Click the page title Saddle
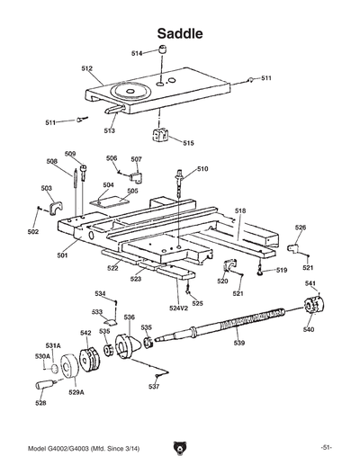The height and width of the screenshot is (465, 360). click(x=179, y=33)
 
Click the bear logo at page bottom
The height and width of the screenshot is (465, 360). click(x=180, y=447)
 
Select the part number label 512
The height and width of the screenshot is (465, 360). click(x=87, y=68)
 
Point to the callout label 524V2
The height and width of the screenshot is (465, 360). click(x=180, y=309)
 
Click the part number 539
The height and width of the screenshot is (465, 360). click(x=238, y=343)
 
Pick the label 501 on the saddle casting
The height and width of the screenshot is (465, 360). click(x=63, y=255)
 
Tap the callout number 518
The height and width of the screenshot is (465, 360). click(x=240, y=210)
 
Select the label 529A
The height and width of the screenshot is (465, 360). click(x=76, y=392)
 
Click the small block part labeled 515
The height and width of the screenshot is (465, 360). click(x=161, y=136)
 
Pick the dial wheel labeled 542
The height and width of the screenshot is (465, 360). click(x=88, y=362)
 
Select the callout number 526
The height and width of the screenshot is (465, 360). click(x=301, y=228)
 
